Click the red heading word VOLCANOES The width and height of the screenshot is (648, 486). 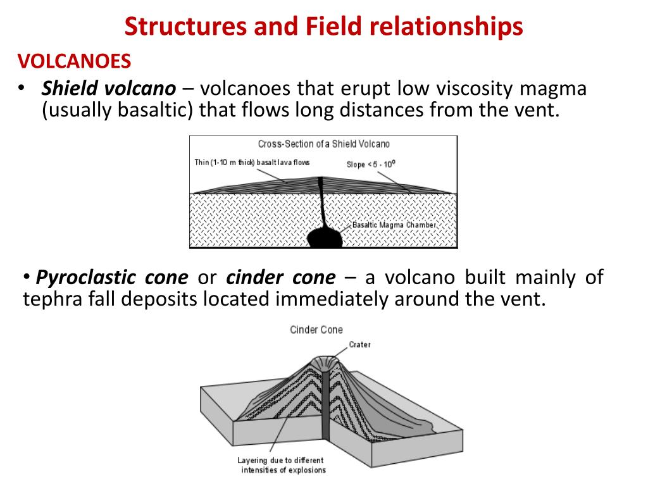[74, 61]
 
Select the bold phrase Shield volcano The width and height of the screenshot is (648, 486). [108, 88]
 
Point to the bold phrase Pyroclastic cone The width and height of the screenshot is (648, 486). [112, 277]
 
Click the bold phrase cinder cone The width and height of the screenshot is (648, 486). [280, 277]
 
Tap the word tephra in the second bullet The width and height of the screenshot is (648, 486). [53, 299]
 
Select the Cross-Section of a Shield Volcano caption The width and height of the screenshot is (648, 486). [323, 144]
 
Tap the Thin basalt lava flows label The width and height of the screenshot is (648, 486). [252, 163]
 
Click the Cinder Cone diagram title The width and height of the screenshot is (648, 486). [316, 330]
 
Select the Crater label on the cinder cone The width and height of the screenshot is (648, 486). [359, 345]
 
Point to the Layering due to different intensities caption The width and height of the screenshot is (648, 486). [280, 465]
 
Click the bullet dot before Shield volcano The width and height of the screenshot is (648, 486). [21, 88]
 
